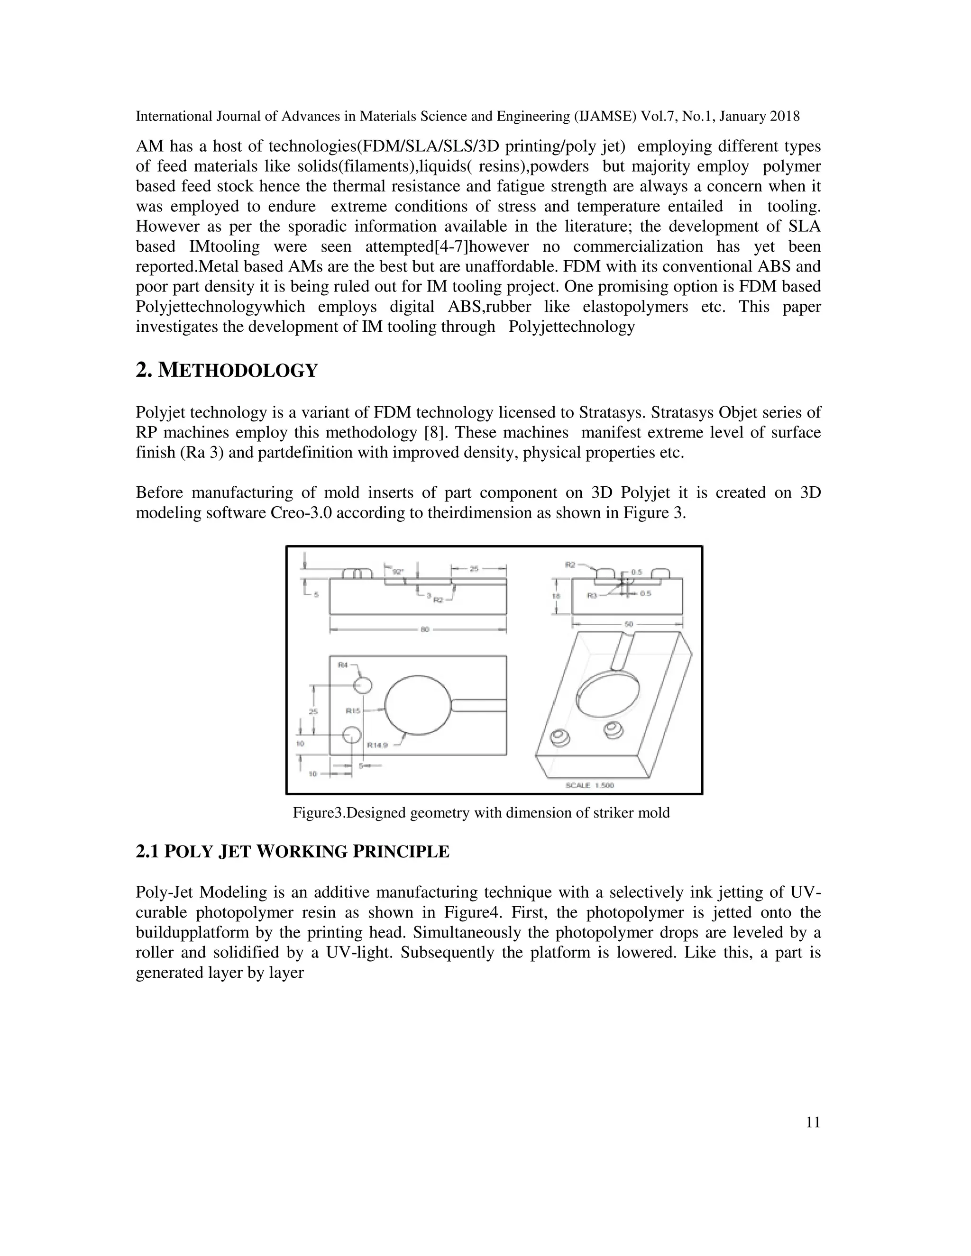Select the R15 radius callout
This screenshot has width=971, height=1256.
[353, 711]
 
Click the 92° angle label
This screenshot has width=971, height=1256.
[397, 572]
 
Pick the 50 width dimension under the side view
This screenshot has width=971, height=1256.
[628, 623]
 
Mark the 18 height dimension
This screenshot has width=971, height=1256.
[556, 596]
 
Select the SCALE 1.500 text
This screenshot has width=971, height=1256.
[590, 785]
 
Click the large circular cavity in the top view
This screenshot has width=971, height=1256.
[418, 705]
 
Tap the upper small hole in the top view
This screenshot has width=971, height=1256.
[363, 685]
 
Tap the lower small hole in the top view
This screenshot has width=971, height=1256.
[351, 734]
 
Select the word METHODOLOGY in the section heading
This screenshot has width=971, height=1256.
[238, 371]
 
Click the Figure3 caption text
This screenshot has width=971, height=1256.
[481, 812]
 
